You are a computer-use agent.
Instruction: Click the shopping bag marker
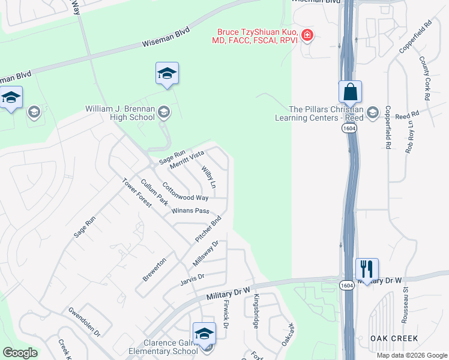(x=350, y=92)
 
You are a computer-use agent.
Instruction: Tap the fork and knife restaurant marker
(x=367, y=268)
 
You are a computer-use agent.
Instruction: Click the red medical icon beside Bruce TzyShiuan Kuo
(x=307, y=35)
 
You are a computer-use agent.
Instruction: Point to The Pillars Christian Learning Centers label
(x=326, y=113)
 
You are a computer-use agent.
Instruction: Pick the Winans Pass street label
(x=190, y=211)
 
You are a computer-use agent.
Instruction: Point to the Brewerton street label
(x=154, y=270)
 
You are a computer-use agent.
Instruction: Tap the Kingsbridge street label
(x=256, y=311)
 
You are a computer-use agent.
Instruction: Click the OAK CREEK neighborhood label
(x=394, y=339)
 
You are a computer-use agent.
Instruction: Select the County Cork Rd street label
(x=424, y=79)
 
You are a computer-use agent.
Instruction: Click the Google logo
(x=20, y=353)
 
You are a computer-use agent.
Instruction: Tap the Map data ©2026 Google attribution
(x=411, y=355)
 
